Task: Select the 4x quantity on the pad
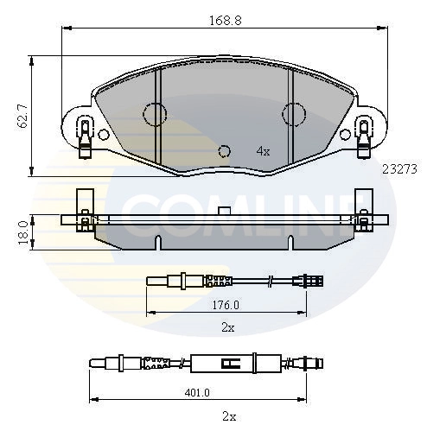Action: [x=264, y=151]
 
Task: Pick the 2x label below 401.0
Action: [x=228, y=415]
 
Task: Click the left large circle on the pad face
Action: [x=154, y=113]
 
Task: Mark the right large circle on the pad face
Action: [x=294, y=113]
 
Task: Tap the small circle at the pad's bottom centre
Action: [x=225, y=150]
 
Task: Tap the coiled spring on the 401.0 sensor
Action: [x=156, y=363]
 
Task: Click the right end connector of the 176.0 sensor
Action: [x=311, y=279]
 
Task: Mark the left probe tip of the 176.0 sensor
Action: [x=152, y=279]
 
